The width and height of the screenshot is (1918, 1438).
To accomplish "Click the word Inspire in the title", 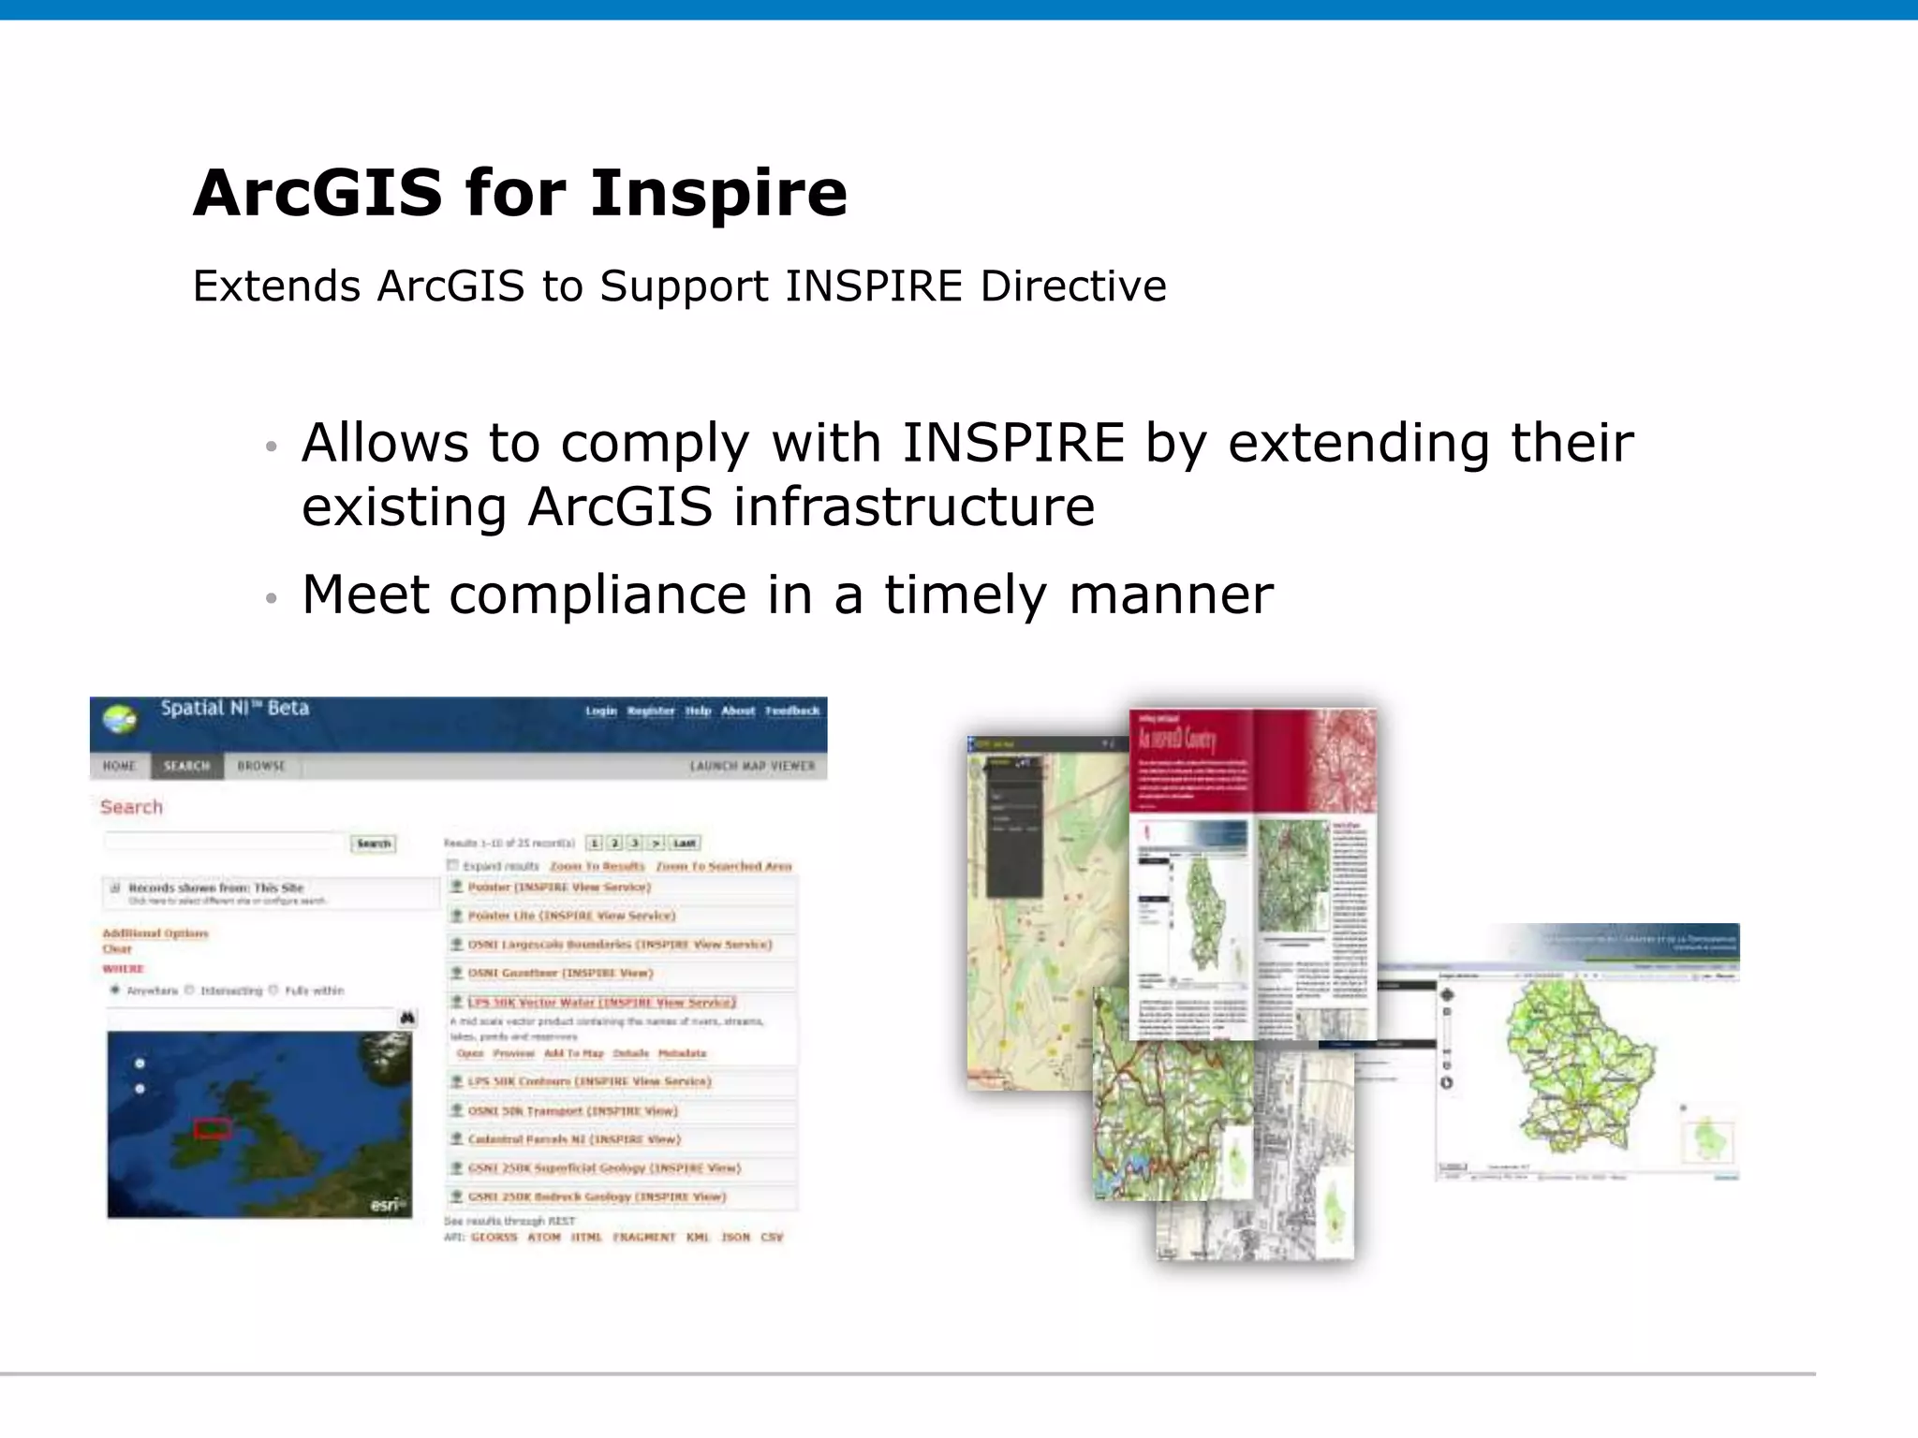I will coord(718,194).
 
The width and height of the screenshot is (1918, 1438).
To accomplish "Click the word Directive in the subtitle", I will coord(1072,286).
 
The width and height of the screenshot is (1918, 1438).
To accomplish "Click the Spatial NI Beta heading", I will coord(234,709).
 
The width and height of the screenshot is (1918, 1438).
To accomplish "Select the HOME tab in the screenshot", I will coord(119,766).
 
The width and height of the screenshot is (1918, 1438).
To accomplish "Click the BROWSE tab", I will coord(260,766).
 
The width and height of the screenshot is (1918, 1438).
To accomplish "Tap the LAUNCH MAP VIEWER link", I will coord(752,766).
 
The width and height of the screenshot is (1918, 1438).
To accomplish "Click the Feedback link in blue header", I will coord(791,711).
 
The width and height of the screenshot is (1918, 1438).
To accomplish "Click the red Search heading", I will coord(131,807).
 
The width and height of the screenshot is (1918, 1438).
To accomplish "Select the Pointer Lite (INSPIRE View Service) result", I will coord(571,916).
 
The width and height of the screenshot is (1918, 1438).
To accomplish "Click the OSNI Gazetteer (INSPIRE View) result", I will coord(560,973).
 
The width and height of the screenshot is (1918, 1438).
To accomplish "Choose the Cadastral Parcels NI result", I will coord(574,1139).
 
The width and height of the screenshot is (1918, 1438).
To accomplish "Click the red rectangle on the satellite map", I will coord(213,1128).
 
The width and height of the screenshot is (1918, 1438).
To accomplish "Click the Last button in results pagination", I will coord(685,843).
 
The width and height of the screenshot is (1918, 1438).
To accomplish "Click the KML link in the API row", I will coord(698,1237).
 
